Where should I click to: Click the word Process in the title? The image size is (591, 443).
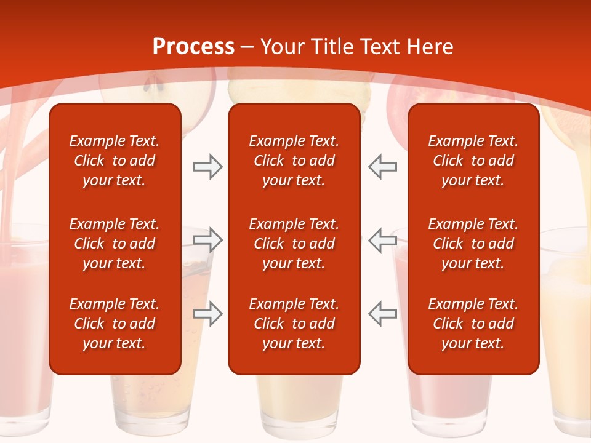[193, 47]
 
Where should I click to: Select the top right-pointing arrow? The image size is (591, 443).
[207, 167]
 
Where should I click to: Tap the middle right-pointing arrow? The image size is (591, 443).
[207, 240]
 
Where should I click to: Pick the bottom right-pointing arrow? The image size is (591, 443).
[207, 314]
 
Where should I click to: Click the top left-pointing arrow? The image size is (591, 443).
[383, 167]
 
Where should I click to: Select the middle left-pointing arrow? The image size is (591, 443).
[383, 240]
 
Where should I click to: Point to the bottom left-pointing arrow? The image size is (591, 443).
[383, 314]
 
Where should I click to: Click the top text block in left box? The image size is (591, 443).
[115, 161]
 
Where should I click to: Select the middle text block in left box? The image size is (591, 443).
[115, 244]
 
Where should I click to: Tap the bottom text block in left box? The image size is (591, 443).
[115, 324]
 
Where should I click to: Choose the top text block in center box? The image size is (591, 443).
[294, 161]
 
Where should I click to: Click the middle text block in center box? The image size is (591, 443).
[294, 244]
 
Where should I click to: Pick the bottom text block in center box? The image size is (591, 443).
[294, 324]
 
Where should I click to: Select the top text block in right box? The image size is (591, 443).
[473, 161]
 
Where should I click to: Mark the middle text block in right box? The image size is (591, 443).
[473, 244]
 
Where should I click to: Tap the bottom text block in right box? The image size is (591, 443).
[473, 324]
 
